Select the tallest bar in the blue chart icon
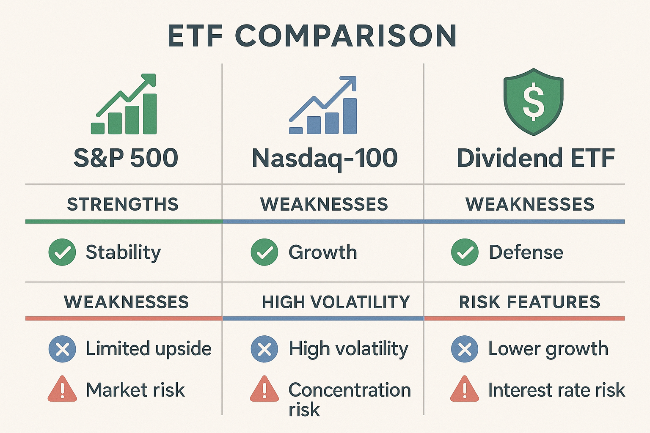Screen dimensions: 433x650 click(350, 116)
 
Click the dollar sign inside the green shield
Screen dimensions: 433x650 click(533, 101)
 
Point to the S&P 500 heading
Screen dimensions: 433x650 click(126, 158)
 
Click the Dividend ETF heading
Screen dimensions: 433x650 click(535, 158)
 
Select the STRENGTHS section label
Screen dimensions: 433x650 click(123, 205)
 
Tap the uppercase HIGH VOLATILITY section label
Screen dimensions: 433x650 click(336, 302)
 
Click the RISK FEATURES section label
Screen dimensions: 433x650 click(529, 302)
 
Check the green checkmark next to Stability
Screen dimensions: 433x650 click(62, 252)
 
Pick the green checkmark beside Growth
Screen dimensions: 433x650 click(264, 252)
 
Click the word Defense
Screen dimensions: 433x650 click(526, 252)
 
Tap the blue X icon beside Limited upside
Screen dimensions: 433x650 click(62, 349)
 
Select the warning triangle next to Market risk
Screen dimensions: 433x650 click(62, 389)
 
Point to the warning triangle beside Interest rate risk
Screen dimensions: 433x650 click(464, 389)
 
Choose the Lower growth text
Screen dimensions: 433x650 click(548, 349)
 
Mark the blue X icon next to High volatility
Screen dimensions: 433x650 click(264, 349)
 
